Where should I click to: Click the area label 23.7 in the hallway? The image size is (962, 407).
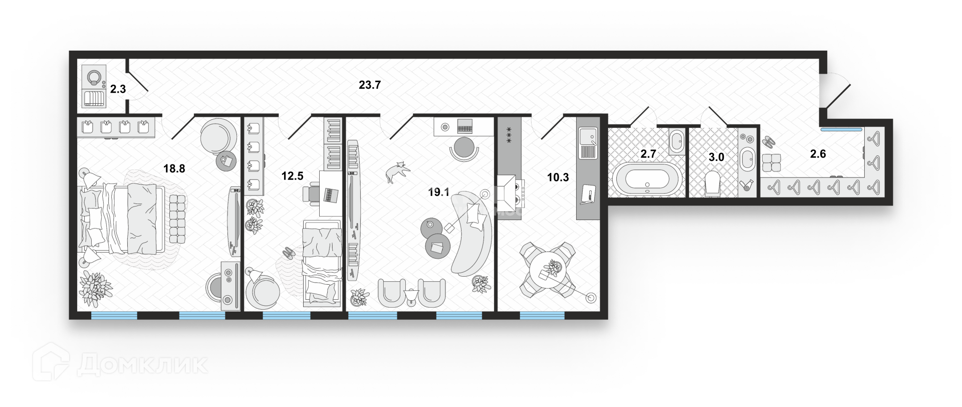tap(370, 85)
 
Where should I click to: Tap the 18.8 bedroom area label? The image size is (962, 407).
tap(174, 169)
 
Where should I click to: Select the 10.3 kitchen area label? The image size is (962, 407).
tap(558, 177)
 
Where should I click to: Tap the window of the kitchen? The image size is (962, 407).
tap(542, 316)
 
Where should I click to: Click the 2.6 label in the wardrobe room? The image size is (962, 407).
tap(818, 154)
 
